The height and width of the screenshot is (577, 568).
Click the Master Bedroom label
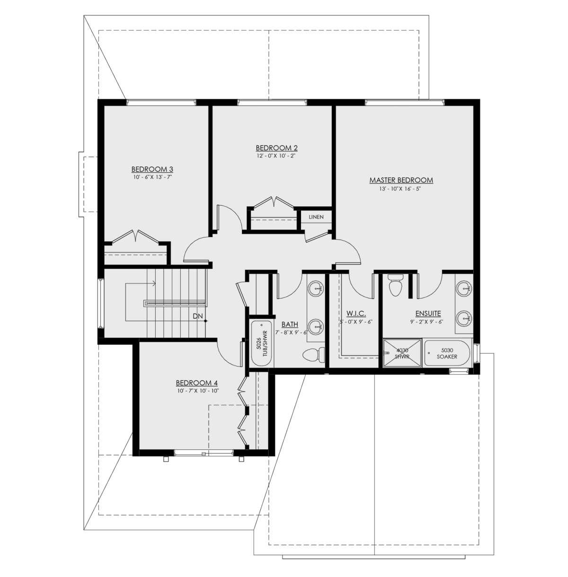(x=401, y=180)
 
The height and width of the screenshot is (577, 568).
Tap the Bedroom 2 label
(x=276, y=148)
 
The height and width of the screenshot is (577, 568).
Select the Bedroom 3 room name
(x=152, y=169)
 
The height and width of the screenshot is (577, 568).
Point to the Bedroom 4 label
(x=196, y=383)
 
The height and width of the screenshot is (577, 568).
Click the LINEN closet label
(x=316, y=217)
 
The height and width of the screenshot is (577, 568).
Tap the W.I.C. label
(x=356, y=314)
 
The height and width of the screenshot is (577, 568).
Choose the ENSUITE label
(x=428, y=314)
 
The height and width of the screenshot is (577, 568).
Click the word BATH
(x=290, y=324)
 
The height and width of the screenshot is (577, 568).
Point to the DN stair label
(x=198, y=316)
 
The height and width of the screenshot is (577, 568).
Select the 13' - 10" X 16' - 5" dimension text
(x=401, y=189)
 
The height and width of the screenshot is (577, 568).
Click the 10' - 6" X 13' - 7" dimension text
(x=152, y=177)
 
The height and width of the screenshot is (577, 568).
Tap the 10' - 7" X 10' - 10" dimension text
(x=198, y=391)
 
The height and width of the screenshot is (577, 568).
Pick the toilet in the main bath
(x=313, y=355)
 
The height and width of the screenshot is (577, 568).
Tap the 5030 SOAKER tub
(x=447, y=353)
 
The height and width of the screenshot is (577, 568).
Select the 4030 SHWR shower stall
(x=402, y=353)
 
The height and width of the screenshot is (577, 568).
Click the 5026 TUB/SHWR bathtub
(x=262, y=343)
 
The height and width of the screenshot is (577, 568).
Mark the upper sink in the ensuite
(x=463, y=288)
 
